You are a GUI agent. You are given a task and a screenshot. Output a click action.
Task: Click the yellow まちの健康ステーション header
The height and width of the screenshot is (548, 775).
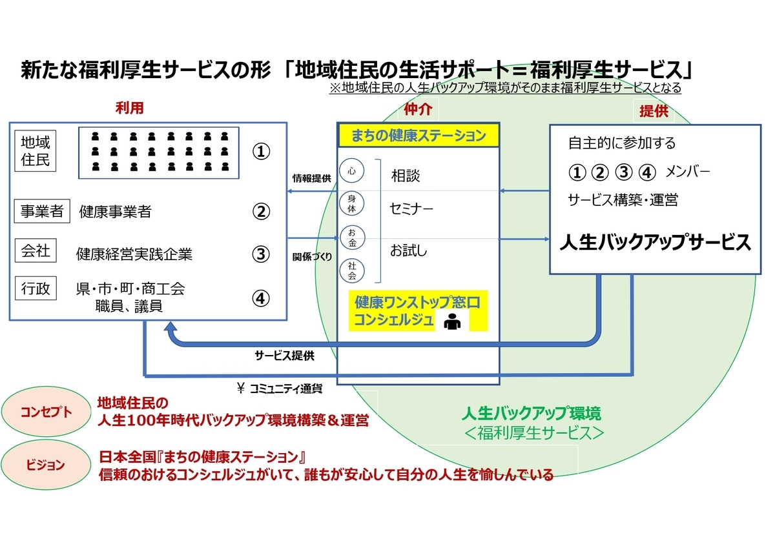(x=418, y=136)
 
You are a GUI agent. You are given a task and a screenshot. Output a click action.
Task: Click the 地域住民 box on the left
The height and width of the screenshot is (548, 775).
(x=35, y=150)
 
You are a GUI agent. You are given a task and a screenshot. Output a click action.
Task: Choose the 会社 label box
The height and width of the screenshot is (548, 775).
(x=36, y=251)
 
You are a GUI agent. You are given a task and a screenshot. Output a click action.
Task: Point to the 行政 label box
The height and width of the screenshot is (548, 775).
(x=36, y=289)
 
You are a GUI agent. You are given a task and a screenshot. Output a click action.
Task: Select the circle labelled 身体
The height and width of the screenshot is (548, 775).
(x=352, y=204)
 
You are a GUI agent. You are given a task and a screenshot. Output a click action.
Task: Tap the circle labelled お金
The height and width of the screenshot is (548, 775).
(x=352, y=237)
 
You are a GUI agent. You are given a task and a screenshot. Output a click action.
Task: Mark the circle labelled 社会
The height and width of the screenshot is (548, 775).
(x=352, y=270)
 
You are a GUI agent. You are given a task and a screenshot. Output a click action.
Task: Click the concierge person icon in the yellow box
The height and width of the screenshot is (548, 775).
(x=452, y=321)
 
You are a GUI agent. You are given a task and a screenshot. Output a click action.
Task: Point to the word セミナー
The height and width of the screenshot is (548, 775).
(x=411, y=209)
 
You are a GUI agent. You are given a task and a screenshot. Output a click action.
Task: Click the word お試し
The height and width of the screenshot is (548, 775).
(x=408, y=250)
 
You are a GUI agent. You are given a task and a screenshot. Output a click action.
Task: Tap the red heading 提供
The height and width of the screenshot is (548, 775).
(x=653, y=111)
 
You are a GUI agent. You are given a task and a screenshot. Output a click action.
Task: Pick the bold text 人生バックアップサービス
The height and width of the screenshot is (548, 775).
(x=655, y=243)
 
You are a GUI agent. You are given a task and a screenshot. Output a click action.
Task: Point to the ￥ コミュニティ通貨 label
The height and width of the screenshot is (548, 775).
(x=280, y=389)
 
